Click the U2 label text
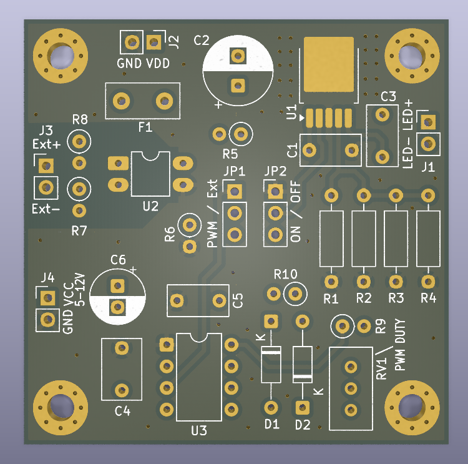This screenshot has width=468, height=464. (150, 206)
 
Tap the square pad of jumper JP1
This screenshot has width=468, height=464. (234, 192)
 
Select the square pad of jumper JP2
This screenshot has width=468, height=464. (275, 192)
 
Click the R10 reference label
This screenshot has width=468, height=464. (286, 274)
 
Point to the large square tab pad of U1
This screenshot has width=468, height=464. (329, 64)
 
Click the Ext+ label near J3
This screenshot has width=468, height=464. (47, 144)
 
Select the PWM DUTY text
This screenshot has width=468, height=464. (400, 345)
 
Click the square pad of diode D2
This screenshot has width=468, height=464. (303, 407)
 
